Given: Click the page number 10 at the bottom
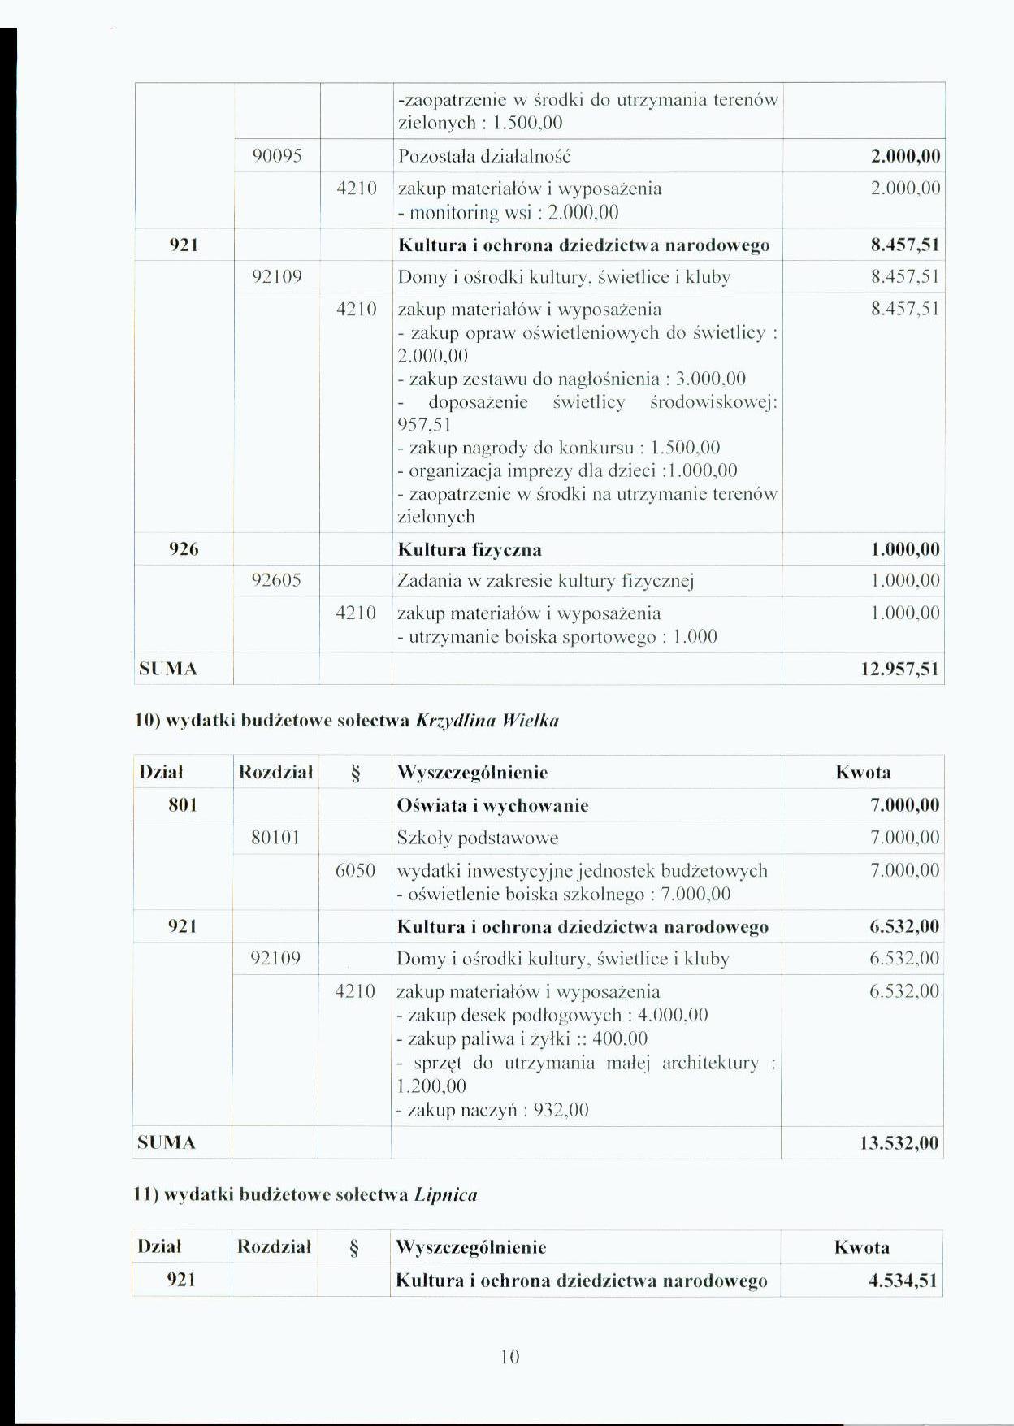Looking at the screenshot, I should coord(509,1356).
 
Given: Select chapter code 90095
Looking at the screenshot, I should coord(277,156).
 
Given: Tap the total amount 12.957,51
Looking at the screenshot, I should coord(899,670).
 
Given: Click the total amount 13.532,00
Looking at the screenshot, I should coord(899,1143).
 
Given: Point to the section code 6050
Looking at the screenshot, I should coord(355,871).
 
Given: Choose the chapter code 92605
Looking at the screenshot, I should coord(276,581).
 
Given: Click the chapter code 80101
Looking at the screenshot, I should coord(275,838).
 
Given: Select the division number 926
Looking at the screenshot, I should coord(184,549).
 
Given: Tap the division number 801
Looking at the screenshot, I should coord(183,805).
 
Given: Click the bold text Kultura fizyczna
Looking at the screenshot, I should coord(470,550).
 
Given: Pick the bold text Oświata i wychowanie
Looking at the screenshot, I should coord(492,806).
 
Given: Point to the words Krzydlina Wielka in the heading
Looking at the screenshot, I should coord(487,721).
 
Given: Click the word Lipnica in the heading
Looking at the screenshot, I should coord(445,1195).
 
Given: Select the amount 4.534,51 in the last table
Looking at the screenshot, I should coord(903,1281).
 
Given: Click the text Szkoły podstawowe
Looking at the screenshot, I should coord(477,838).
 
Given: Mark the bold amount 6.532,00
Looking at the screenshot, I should coord(904,927).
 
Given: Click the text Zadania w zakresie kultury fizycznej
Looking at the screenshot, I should coord(545,581).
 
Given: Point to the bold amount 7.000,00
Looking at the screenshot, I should coord(904,806).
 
